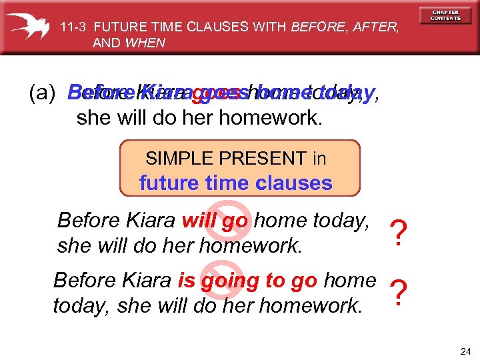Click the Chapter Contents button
pyautogui.click(x=445, y=15)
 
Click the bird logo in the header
pyautogui.click(x=29, y=26)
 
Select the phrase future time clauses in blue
pyautogui.click(x=235, y=183)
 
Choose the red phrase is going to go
pyautogui.click(x=247, y=280)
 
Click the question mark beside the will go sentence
pyautogui.click(x=398, y=233)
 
